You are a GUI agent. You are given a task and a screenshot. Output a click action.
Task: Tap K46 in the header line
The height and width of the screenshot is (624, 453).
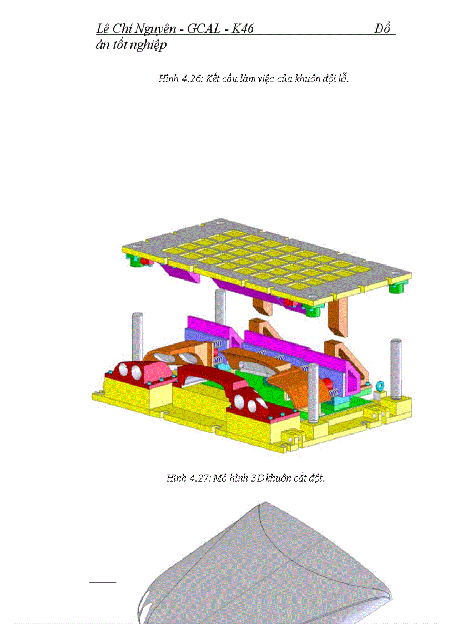[242, 29]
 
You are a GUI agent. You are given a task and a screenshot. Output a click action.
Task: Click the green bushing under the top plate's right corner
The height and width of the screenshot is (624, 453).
[396, 288]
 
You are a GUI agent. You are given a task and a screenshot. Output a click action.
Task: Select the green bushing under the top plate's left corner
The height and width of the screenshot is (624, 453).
[135, 261]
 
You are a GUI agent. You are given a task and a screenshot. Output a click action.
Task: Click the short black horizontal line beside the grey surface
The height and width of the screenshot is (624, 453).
[102, 582]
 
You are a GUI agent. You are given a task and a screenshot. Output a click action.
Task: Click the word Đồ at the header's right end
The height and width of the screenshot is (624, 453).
[384, 29]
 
